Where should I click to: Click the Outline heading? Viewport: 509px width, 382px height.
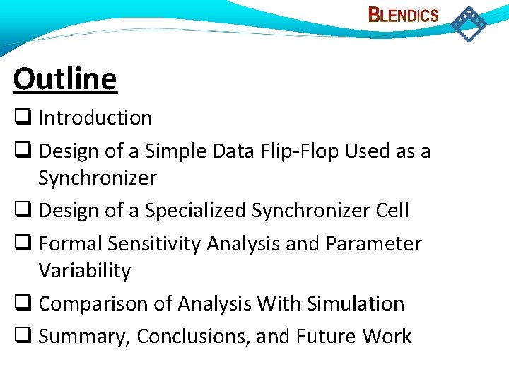(x=65, y=79)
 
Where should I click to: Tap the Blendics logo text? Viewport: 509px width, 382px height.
(x=404, y=15)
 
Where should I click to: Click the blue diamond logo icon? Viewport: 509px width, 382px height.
(x=469, y=23)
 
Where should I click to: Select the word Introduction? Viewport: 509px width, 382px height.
(x=95, y=117)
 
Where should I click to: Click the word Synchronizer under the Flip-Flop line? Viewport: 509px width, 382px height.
(x=97, y=178)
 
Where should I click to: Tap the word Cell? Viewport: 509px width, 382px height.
(x=393, y=210)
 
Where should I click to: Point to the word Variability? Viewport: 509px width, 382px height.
(x=85, y=270)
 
